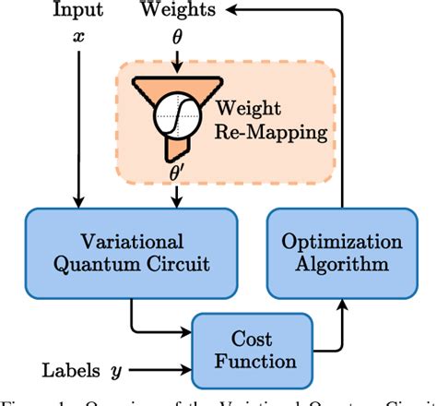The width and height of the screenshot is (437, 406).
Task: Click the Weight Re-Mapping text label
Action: pos(274,119)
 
